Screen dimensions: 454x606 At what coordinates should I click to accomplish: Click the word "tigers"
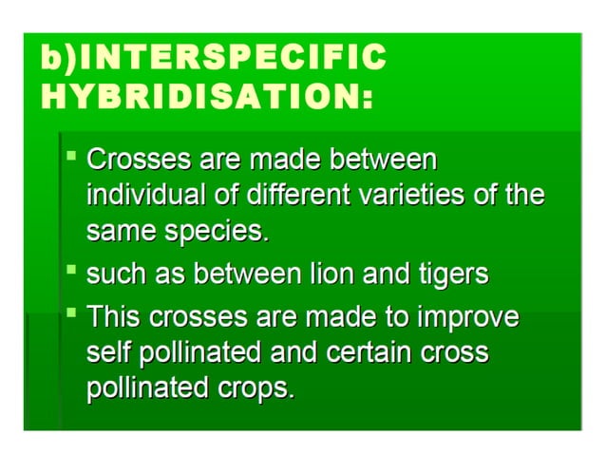450,275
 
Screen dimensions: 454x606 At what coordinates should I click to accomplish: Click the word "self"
109,353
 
